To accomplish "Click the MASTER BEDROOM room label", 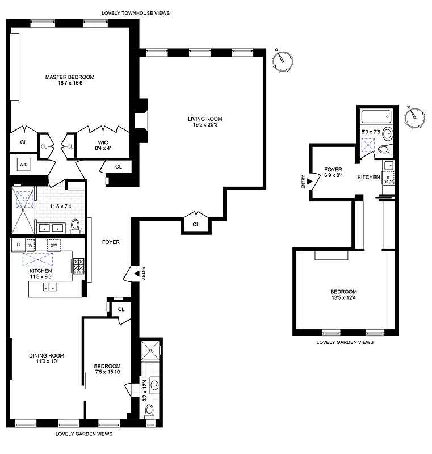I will [x=70, y=77].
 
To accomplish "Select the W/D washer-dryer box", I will [x=24, y=165].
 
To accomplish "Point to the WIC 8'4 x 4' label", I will [x=102, y=145].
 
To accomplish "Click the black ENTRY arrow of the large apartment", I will [x=135, y=274].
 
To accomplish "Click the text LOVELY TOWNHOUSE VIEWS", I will [x=135, y=12].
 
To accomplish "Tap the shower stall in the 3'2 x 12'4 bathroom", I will [x=150, y=351].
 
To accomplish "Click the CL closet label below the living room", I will [x=196, y=225].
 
